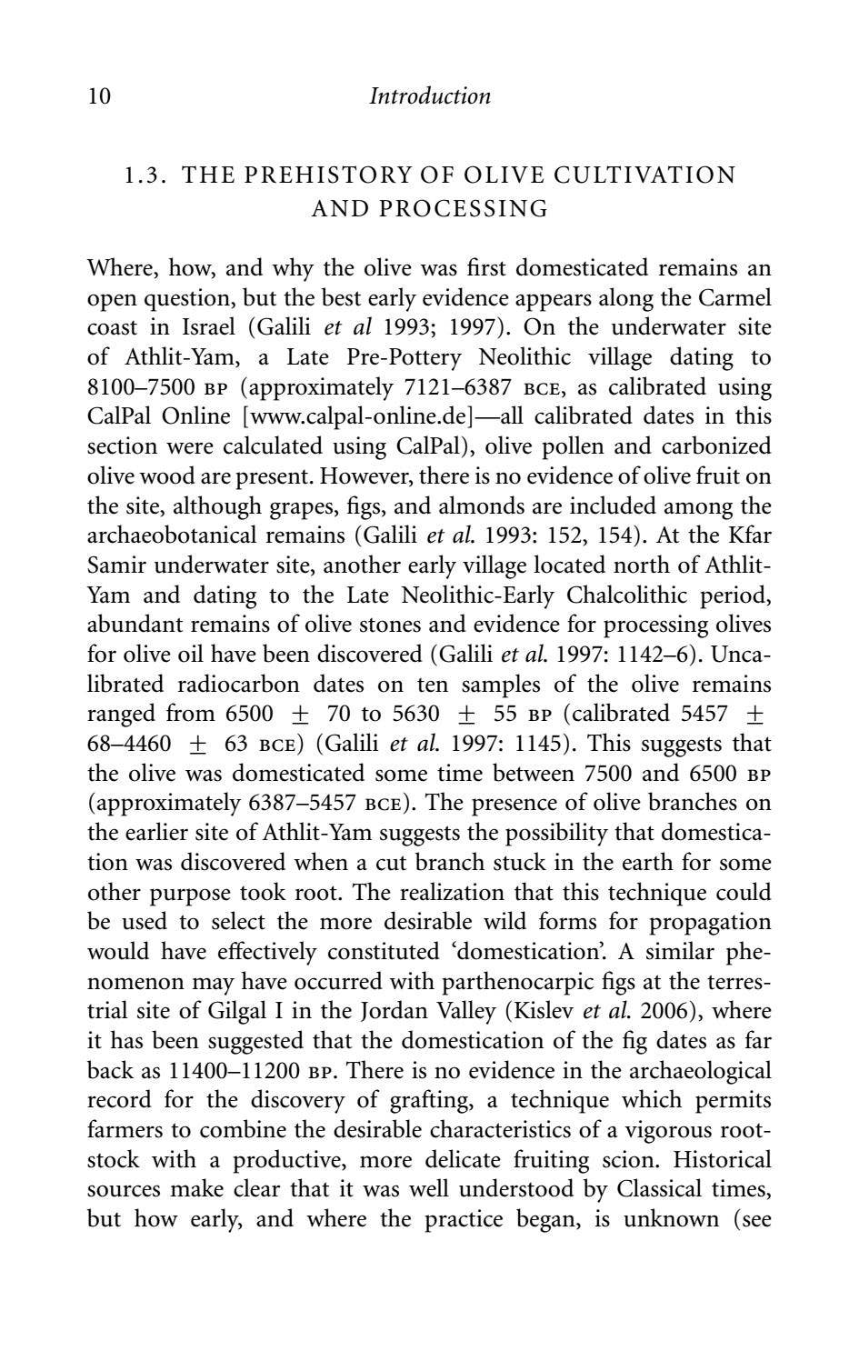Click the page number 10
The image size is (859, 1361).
pos(99,96)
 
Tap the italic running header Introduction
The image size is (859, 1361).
pos(430,96)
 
